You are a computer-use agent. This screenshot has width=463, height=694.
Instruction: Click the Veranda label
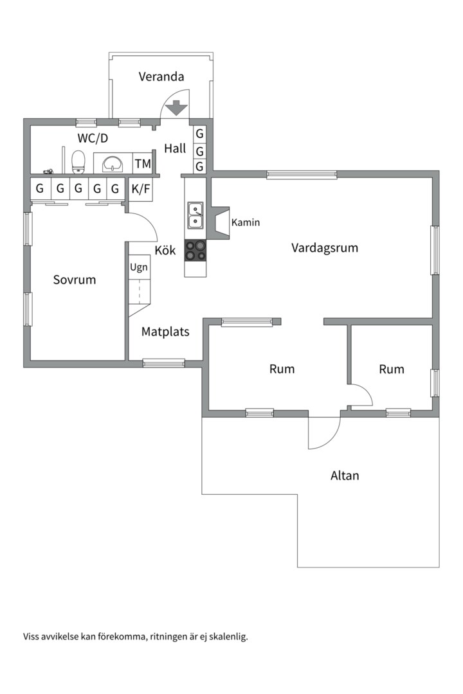point(161,76)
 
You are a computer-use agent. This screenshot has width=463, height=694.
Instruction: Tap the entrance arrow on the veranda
point(176,108)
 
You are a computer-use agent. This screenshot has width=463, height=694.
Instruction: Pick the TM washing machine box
point(143,163)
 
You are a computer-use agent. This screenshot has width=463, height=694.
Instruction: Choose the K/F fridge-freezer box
point(141,190)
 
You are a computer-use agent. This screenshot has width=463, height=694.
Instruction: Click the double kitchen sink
point(195,215)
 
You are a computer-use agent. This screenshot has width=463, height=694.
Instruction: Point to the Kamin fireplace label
point(246,222)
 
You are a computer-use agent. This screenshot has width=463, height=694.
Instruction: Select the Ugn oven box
point(139,267)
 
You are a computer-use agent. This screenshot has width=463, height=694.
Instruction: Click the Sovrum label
point(75,280)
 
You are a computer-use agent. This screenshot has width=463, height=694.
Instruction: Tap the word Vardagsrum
point(325,248)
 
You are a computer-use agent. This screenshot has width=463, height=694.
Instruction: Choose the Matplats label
point(165,332)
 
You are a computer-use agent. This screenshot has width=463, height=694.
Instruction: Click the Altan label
point(345,476)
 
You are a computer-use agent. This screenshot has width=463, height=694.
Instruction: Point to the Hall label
point(175,148)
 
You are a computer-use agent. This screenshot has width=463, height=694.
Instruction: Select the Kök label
point(165,250)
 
